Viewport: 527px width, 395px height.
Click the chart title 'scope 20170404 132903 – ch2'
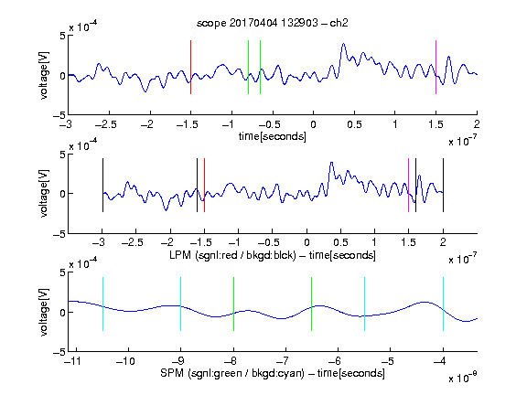point(273,23)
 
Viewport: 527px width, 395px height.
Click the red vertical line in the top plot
point(190,67)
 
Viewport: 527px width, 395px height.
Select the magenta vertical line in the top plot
point(436,67)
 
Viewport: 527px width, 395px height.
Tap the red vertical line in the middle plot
point(204,185)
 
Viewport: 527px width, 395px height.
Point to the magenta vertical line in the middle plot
point(408,185)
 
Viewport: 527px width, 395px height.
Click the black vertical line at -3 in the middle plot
point(102,185)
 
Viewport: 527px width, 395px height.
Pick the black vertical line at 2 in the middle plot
point(443,185)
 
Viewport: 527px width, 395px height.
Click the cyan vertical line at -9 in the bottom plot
point(181,304)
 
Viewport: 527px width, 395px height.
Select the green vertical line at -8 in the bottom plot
point(233,304)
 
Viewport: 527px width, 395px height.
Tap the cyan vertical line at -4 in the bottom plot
point(443,304)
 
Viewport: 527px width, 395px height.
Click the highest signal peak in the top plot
point(343,44)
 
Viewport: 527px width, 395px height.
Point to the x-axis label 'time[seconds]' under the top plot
point(273,137)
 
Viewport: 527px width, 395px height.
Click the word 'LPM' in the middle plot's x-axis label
point(180,255)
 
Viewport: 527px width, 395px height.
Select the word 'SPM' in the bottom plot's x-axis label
point(172,373)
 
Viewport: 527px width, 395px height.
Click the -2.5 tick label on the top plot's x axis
point(106,124)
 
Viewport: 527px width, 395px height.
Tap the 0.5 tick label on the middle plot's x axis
point(340,242)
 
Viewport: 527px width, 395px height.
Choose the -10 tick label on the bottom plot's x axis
point(125,361)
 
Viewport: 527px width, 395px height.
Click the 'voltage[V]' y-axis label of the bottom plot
point(44,312)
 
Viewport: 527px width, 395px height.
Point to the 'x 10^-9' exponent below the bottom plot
point(463,378)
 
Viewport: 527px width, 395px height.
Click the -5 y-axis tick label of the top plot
point(59,115)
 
